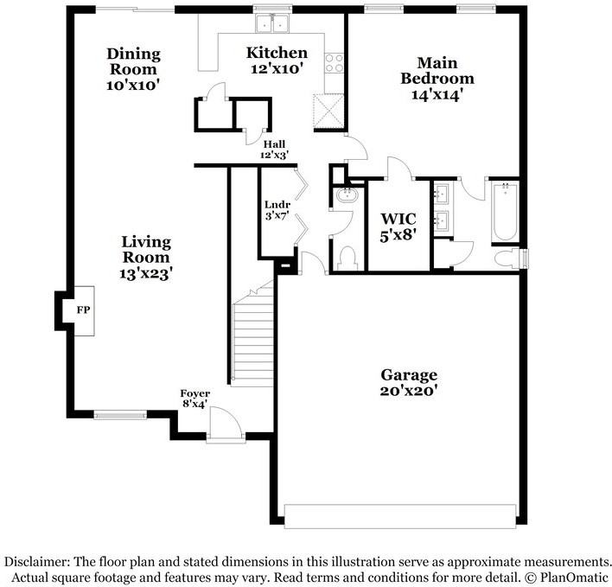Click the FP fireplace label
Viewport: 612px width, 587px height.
click(x=84, y=309)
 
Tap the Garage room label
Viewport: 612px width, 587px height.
click(x=409, y=375)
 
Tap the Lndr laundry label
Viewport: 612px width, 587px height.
click(x=277, y=204)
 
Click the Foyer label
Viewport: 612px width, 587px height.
click(x=195, y=393)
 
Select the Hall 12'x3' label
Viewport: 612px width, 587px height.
click(x=274, y=144)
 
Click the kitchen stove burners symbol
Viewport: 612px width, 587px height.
click(x=334, y=63)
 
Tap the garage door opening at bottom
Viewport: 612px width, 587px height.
click(x=403, y=516)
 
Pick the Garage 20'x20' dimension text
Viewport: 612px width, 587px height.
click(x=409, y=391)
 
